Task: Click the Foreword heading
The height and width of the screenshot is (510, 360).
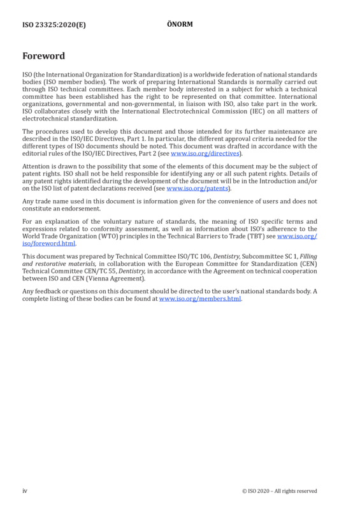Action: click(x=43, y=56)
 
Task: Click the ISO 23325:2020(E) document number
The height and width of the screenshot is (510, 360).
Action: click(x=54, y=25)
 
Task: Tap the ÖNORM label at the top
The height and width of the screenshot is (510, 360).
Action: click(x=180, y=24)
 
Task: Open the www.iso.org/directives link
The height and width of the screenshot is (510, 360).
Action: click(x=205, y=153)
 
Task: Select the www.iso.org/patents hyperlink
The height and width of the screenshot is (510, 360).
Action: click(x=197, y=188)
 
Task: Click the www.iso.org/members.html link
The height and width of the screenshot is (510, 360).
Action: click(x=200, y=298)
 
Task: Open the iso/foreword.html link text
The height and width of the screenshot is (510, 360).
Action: click(x=49, y=244)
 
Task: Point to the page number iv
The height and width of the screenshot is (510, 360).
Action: click(x=25, y=491)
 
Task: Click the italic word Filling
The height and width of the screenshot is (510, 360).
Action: click(x=308, y=256)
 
